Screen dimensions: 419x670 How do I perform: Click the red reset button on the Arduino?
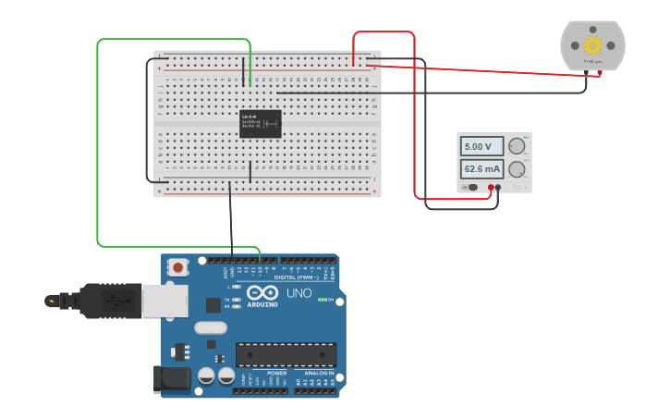click(177, 267)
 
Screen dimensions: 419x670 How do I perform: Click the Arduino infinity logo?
click(262, 292)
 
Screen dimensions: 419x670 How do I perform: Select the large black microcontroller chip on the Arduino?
click(286, 354)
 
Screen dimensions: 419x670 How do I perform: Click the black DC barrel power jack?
click(171, 378)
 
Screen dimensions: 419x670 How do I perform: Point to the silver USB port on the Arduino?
click(164, 301)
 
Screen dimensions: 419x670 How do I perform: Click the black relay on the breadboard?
click(261, 123)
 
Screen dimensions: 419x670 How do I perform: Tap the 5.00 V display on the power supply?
click(482, 146)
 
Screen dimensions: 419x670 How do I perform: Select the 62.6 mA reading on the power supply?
click(482, 169)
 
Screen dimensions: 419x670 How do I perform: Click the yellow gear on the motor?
click(592, 45)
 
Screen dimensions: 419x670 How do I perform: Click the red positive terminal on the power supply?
click(491, 188)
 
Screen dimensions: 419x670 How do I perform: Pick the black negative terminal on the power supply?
click(499, 188)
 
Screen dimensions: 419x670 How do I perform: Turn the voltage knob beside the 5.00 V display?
click(517, 146)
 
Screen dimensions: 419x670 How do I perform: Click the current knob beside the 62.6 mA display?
click(517, 169)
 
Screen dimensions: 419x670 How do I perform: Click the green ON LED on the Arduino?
click(320, 300)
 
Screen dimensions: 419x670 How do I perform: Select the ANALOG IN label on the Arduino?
click(319, 373)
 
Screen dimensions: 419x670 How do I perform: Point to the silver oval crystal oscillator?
click(211, 327)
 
